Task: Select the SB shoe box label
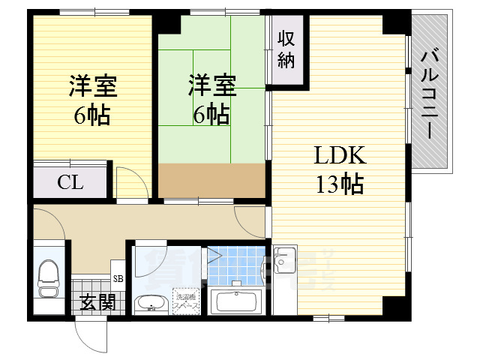click(x=118, y=278)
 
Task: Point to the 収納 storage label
click(x=286, y=49)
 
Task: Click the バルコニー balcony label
click(x=430, y=91)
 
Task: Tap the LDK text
click(x=338, y=156)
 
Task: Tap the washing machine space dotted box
click(x=185, y=301)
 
